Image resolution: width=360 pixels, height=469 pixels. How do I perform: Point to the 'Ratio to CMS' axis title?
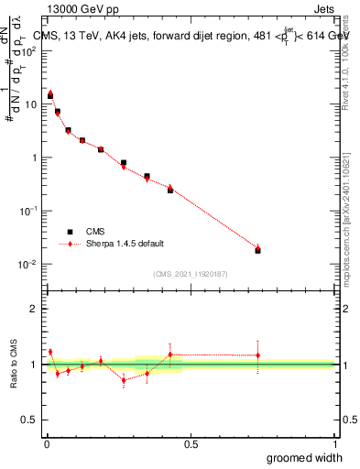coord(15,364)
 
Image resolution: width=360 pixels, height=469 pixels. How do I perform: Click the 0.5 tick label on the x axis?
coord(191,444)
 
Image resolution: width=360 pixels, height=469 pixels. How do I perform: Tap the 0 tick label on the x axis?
coord(47,444)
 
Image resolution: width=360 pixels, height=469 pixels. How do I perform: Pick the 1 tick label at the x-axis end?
coord(334,444)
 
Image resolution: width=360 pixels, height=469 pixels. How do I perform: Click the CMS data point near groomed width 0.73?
coord(257,250)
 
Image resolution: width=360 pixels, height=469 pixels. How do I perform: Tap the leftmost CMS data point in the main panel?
coord(50,95)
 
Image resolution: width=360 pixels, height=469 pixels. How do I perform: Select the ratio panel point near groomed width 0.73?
coord(257,355)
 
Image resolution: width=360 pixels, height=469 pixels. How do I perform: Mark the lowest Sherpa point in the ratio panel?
coord(124,380)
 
